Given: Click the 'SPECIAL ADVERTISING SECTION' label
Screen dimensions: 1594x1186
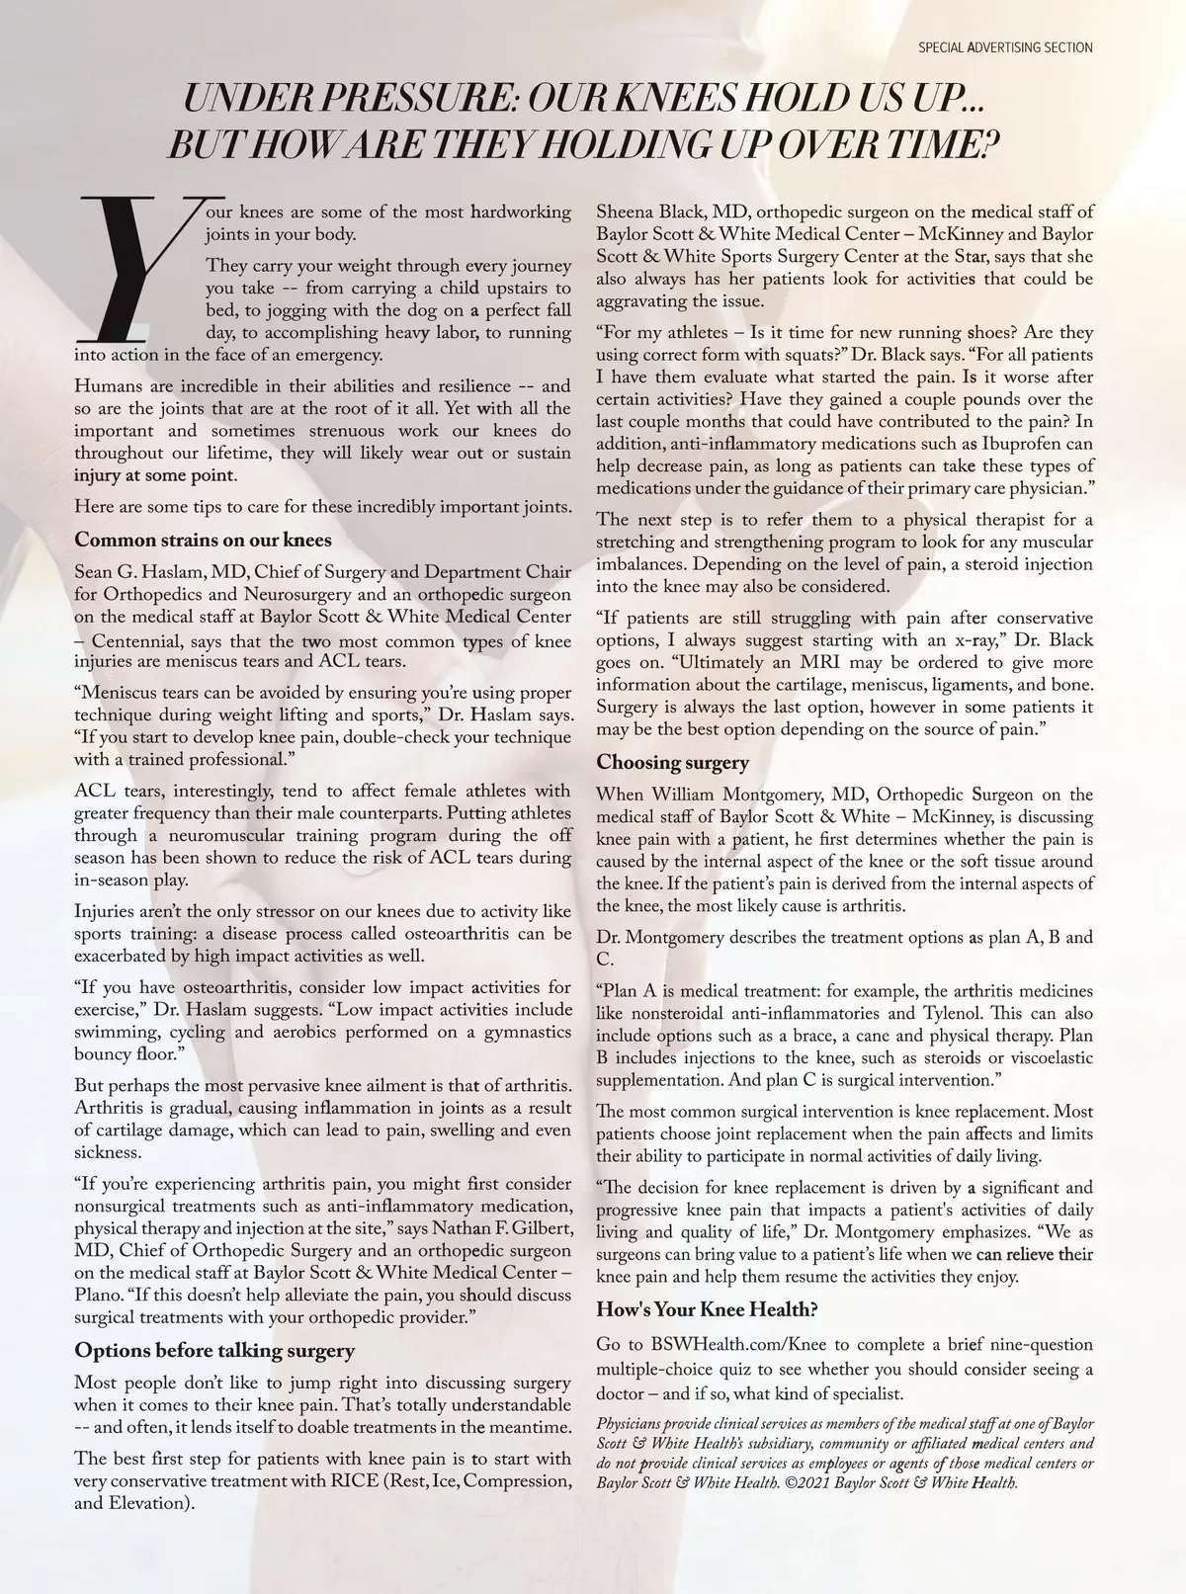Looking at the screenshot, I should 1005,47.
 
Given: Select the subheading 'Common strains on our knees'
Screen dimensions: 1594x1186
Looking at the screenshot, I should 203,541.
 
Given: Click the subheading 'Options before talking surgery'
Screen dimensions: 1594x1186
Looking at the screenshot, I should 214,1351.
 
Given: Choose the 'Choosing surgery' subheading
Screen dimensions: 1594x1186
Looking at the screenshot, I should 672,763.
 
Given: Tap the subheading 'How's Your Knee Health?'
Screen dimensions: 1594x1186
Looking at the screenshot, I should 707,1310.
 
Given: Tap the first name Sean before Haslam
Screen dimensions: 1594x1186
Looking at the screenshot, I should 95,573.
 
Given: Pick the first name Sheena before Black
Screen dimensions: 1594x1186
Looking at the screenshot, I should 623,212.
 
